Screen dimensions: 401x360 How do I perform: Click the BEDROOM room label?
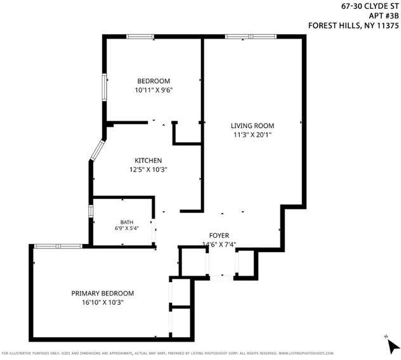point(154,81)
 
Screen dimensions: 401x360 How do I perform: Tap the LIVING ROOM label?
point(253,125)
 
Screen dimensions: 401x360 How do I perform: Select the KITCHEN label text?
point(148,160)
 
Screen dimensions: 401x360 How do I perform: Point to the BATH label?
point(127,222)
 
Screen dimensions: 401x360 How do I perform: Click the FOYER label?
point(219,235)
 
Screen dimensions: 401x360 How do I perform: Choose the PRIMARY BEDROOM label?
point(103,293)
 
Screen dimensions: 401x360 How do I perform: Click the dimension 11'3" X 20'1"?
point(253,134)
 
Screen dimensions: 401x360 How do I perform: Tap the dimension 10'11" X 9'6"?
point(154,90)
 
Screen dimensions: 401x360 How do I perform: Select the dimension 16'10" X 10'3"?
point(103,302)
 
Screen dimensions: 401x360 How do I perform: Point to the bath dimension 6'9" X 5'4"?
point(127,228)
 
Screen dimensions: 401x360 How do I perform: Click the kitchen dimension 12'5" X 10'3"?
point(148,169)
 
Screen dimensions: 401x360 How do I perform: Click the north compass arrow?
point(393,347)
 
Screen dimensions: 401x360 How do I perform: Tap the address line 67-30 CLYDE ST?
point(370,6)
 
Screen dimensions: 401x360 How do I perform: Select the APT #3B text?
point(384,16)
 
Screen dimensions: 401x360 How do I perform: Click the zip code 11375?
point(388,25)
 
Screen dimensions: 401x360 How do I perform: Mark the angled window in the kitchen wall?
point(97,150)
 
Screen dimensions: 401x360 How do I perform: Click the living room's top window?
point(251,37)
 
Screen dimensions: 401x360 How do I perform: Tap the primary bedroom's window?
point(58,247)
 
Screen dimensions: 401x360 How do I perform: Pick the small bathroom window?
point(91,211)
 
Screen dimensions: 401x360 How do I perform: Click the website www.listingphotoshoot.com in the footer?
point(306,354)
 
